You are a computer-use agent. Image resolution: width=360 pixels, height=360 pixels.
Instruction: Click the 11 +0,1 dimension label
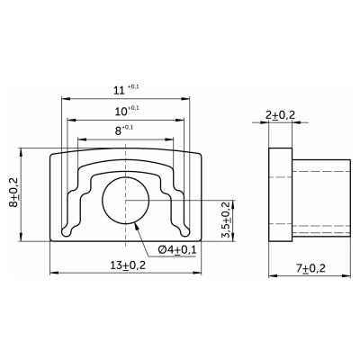(x=126, y=90)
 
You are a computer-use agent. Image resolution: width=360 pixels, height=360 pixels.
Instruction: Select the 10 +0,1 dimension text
(x=127, y=111)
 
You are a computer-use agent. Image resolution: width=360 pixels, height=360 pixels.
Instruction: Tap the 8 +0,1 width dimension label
(x=124, y=130)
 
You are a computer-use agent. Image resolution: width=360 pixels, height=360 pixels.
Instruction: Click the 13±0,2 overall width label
(x=128, y=265)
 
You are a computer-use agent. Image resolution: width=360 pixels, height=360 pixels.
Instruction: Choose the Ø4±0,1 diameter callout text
(x=177, y=249)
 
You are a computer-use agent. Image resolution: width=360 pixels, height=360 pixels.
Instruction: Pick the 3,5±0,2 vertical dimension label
(x=226, y=220)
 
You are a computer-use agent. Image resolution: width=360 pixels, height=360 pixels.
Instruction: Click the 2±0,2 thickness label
(x=280, y=114)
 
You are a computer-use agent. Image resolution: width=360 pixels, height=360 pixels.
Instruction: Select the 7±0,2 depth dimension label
(x=310, y=268)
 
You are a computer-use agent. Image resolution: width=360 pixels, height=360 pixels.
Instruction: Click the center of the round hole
(x=126, y=200)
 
